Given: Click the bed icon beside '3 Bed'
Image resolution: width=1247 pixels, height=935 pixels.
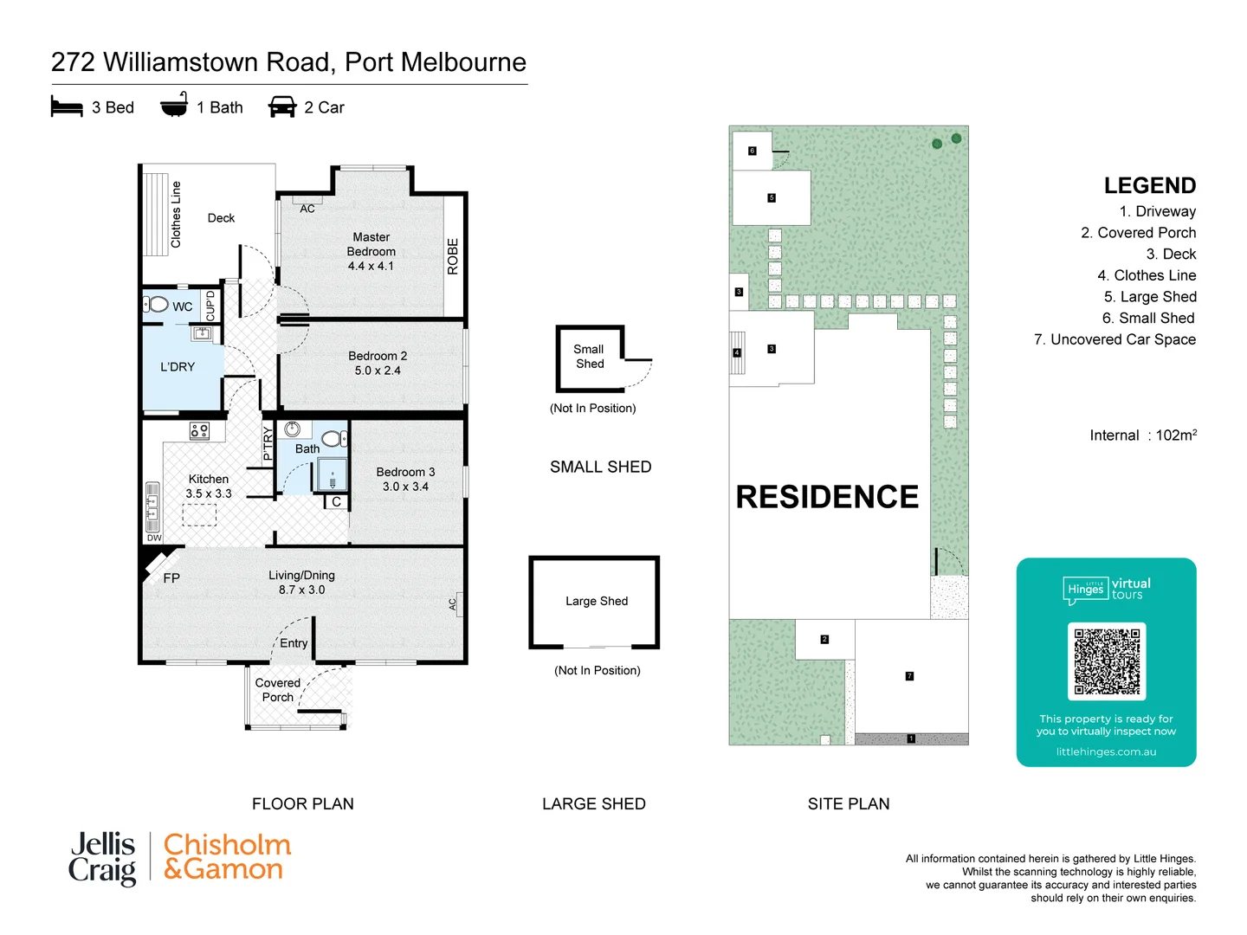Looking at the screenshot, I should click(x=67, y=107).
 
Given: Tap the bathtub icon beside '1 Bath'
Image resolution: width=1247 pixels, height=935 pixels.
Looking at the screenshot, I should click(x=174, y=106).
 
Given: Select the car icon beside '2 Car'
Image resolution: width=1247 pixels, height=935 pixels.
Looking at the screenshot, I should click(x=282, y=107).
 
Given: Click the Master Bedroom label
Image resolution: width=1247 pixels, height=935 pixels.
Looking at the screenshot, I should click(x=371, y=244).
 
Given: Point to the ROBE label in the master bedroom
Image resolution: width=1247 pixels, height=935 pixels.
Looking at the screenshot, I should click(x=453, y=256).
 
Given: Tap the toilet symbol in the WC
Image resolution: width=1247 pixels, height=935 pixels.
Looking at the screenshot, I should click(x=157, y=305).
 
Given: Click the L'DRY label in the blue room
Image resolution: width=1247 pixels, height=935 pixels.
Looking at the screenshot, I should click(x=178, y=367).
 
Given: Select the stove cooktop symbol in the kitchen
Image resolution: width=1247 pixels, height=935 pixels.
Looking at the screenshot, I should click(x=199, y=430).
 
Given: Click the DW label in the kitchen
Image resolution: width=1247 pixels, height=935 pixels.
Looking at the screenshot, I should click(x=154, y=538).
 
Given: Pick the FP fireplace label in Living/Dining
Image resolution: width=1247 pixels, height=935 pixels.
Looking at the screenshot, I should click(x=171, y=578).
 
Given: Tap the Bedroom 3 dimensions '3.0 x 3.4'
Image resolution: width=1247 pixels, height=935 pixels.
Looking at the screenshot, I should click(x=405, y=487).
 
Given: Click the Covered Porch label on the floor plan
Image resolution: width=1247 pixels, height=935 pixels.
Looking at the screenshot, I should click(x=277, y=690).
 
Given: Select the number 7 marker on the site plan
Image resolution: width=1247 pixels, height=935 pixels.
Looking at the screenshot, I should click(x=909, y=676).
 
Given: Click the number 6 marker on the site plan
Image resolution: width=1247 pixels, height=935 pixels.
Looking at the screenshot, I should click(x=752, y=151).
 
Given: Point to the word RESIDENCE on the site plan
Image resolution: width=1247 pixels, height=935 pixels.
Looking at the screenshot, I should click(x=827, y=497).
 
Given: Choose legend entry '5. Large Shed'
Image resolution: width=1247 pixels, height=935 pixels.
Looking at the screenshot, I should click(x=1149, y=297).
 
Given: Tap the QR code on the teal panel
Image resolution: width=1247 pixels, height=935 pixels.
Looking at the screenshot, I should click(x=1107, y=661).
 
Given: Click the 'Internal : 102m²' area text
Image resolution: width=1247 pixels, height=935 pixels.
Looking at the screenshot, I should click(x=1142, y=435).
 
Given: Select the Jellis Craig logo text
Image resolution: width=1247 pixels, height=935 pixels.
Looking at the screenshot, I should click(x=102, y=858).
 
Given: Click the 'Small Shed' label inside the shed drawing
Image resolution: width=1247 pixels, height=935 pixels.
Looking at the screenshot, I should click(x=589, y=357).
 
